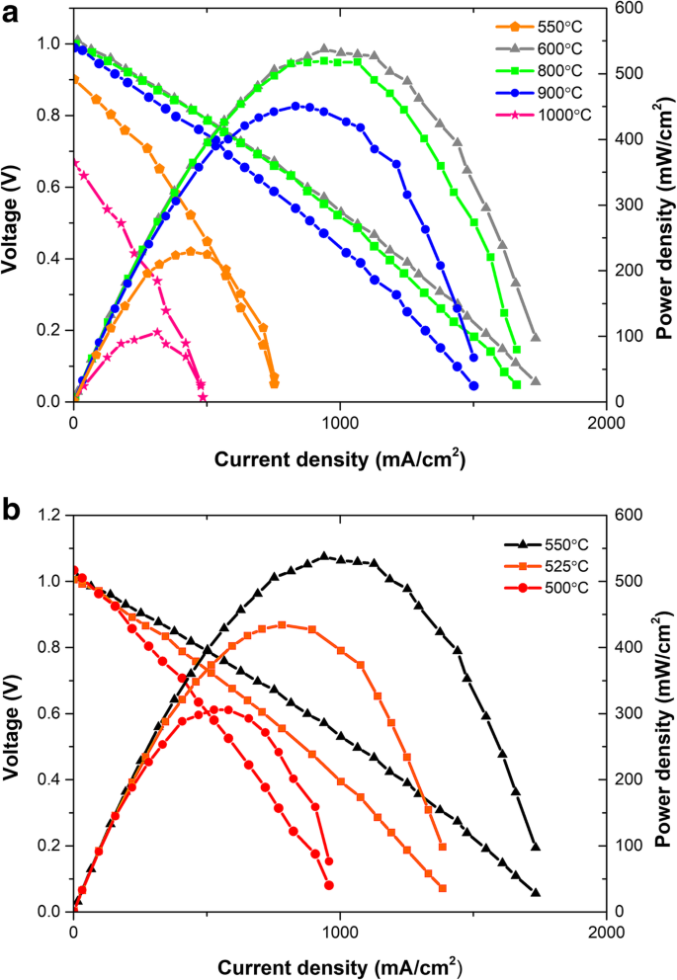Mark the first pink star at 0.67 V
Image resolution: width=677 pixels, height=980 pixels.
(74, 162)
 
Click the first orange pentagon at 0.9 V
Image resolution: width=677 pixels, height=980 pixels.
(74, 80)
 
